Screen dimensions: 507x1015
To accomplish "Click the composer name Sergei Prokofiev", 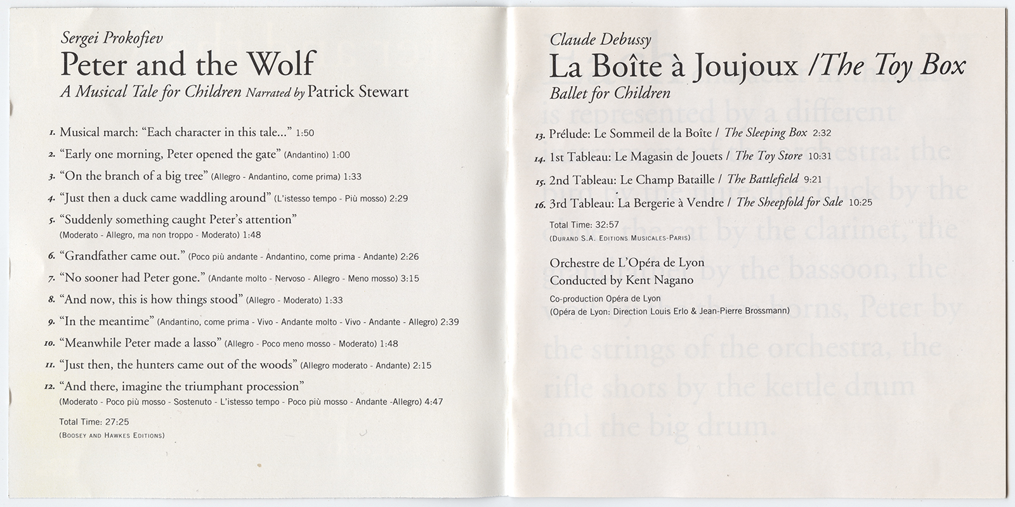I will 112,38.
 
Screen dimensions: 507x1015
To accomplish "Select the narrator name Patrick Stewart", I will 358,93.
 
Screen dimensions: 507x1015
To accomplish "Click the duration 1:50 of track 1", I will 305,133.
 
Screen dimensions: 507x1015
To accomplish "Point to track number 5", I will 52,221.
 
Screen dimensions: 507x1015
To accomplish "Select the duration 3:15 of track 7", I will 410,279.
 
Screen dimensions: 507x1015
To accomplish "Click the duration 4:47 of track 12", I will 433,402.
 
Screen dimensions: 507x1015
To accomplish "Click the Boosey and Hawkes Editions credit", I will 112,435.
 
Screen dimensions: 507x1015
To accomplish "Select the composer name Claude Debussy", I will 600,40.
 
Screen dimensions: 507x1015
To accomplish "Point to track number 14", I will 540,157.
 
